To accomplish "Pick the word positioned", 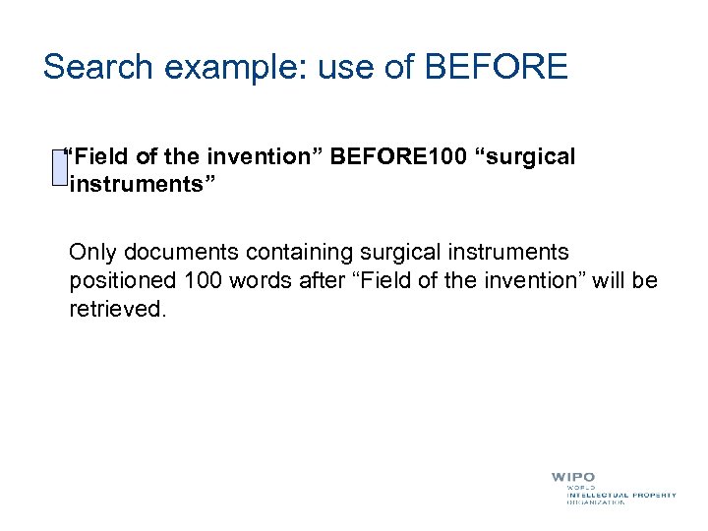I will click(122, 282).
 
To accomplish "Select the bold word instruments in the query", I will click(129, 184).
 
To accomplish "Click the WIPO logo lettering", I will click(573, 477).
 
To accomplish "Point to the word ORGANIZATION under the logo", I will click(596, 502).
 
